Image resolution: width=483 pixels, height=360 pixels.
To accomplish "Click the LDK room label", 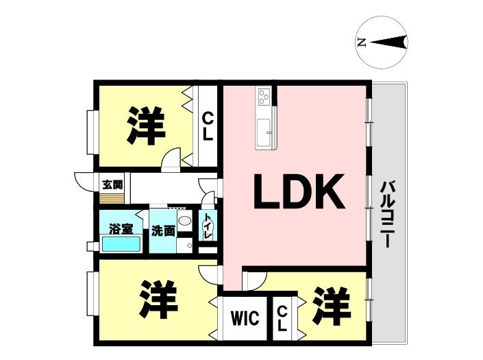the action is (299, 192).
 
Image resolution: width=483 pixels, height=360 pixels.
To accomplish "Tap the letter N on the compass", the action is (361, 43).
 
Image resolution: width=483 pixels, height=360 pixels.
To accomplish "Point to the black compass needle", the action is (388, 43).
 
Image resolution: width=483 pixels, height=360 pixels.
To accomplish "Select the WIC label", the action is (245, 318).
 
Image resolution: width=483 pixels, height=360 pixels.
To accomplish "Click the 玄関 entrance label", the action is (112, 185).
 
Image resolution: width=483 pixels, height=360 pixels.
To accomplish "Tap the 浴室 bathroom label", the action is (121, 229).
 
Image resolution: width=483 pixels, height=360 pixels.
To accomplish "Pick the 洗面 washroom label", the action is (163, 230).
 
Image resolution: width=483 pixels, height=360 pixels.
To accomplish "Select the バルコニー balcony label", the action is (387, 215).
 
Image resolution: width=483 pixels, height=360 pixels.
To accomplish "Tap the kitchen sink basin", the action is (264, 132).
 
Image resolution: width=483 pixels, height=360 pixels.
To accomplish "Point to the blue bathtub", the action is (121, 244).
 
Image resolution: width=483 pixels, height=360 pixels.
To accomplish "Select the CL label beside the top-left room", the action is (208, 126).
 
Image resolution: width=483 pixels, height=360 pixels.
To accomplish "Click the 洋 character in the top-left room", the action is (146, 125).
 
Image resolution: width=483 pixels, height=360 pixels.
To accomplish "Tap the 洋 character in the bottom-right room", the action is (332, 307).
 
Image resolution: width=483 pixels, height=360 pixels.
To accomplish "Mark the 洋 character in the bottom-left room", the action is (158, 299).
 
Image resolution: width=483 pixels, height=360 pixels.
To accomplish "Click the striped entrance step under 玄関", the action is (112, 198).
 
